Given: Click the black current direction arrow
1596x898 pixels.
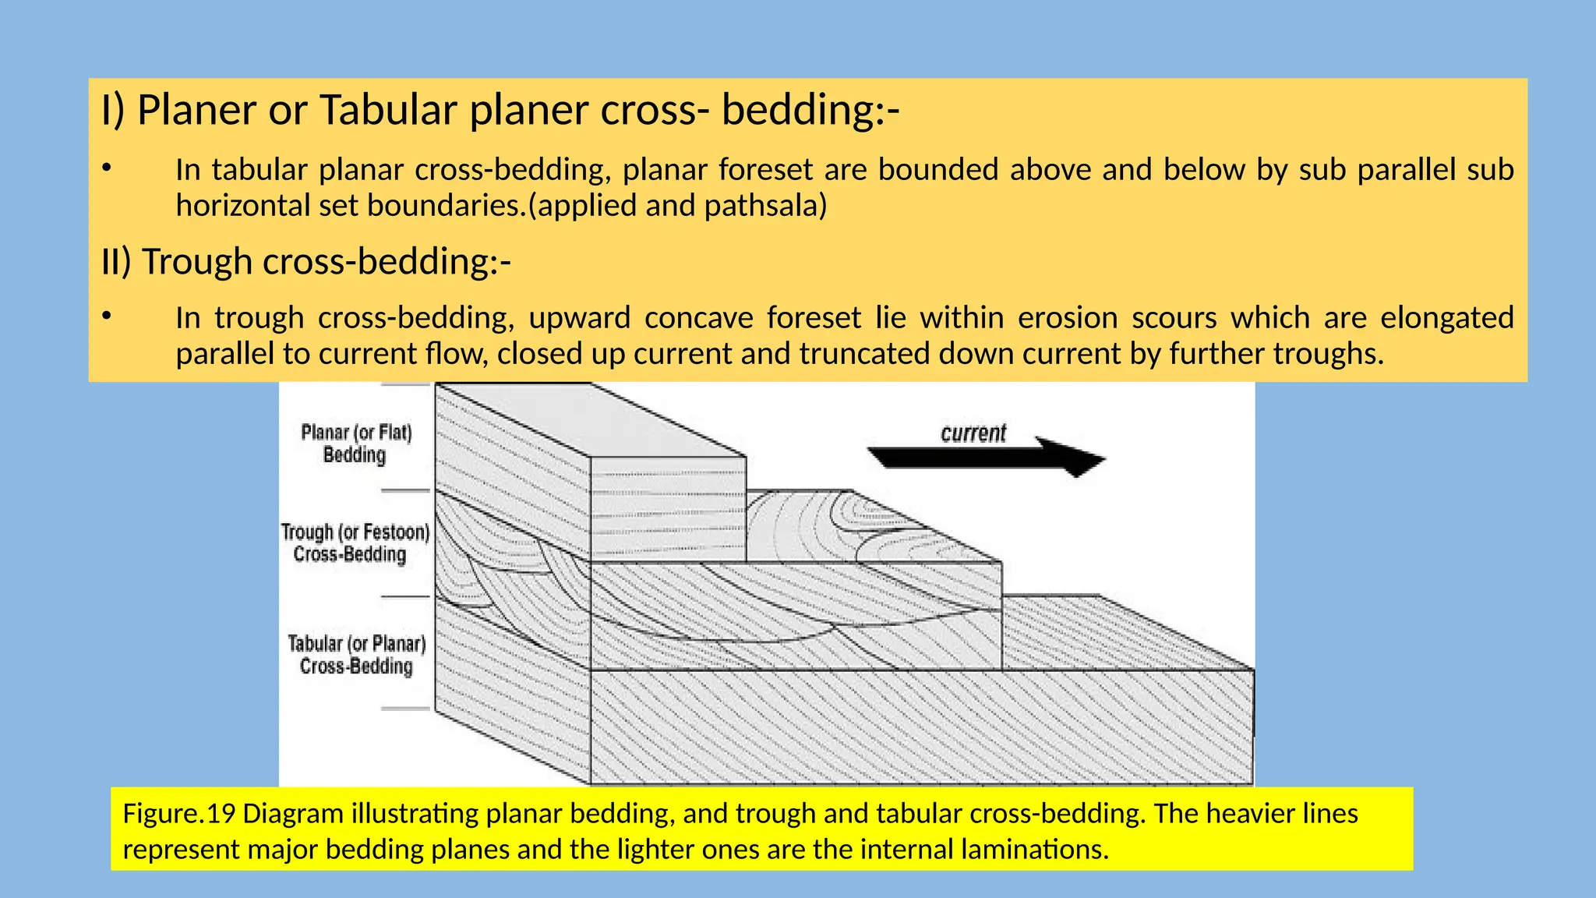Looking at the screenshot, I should point(986,457).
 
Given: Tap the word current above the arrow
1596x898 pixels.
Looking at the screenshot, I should point(973,433).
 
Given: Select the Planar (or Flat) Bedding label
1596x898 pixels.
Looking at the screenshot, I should point(356,444).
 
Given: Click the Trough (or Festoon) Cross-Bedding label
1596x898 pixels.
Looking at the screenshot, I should point(355,543).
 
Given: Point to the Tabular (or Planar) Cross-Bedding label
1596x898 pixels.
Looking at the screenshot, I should point(357,655).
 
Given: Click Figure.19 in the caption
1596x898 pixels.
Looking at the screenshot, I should point(178,814).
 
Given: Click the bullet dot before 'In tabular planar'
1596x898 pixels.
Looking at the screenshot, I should point(107,167).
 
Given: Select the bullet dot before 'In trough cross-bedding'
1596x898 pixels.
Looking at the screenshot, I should point(107,315).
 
